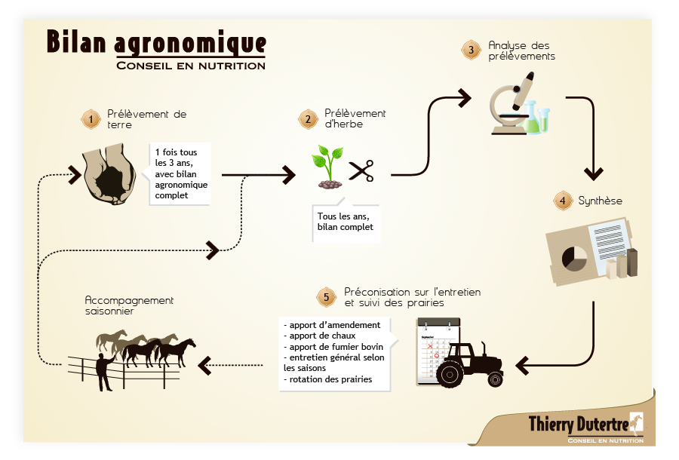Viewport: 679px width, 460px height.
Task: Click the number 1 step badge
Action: click(x=91, y=119)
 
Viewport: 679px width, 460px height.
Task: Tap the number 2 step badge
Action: click(x=309, y=119)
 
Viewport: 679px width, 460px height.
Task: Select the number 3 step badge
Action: click(x=471, y=51)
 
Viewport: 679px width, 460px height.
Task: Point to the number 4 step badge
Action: click(x=563, y=201)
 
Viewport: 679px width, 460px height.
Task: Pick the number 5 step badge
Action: click(x=327, y=297)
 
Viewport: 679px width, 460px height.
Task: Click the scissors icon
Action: click(x=361, y=171)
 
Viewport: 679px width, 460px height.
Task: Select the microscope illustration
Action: click(x=511, y=104)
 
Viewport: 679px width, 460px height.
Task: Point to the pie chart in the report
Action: click(x=574, y=259)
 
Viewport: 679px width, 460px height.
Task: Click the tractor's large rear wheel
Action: click(x=450, y=374)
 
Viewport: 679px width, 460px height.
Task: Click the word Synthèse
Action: click(x=601, y=201)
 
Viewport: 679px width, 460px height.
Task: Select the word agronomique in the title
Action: click(x=190, y=44)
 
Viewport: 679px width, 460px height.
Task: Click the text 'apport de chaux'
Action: click(x=320, y=336)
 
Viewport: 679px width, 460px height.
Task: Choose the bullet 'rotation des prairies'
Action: click(x=328, y=379)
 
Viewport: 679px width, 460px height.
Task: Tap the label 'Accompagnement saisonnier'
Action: click(x=129, y=305)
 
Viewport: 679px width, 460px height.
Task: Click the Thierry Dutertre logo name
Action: click(x=579, y=424)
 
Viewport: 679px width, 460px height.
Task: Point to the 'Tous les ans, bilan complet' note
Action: click(x=345, y=222)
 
